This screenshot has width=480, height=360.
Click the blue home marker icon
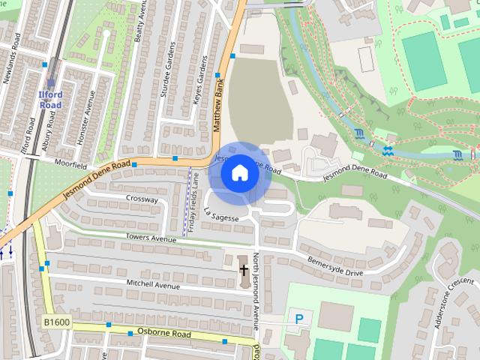coord(239,173)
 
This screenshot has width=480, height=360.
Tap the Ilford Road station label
coord(51,100)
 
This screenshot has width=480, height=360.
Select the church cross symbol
coord(243,269)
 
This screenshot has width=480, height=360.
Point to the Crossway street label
coord(142,199)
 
